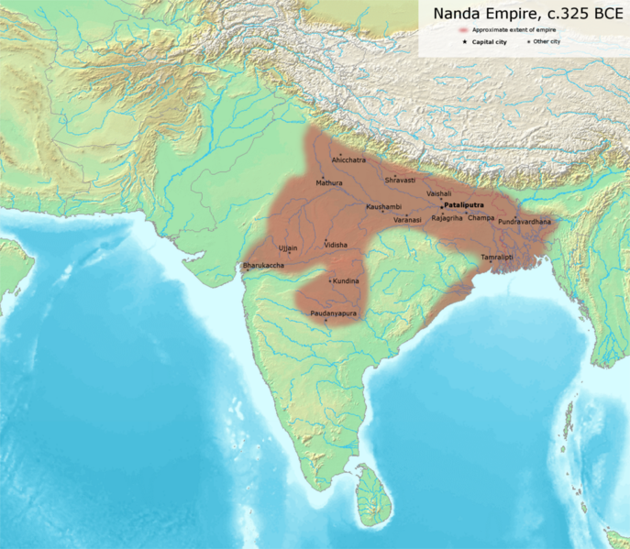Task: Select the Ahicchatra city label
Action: click(x=348, y=160)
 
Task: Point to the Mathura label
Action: click(x=328, y=182)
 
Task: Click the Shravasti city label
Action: click(x=400, y=180)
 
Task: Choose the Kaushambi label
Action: click(x=383, y=207)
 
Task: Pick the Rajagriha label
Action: click(x=448, y=218)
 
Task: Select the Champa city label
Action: click(x=481, y=218)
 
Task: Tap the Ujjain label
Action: click(x=288, y=248)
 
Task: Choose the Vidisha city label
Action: click(x=336, y=246)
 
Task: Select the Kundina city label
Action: click(x=346, y=280)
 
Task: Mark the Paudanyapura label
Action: click(x=333, y=314)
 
